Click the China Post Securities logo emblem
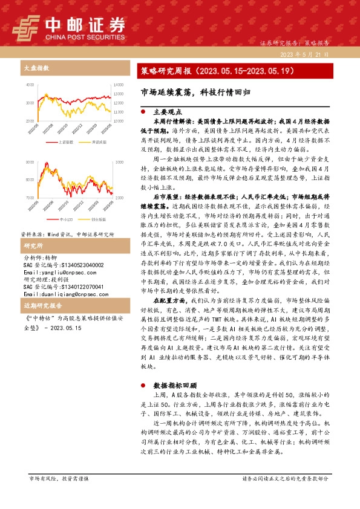(x=24, y=27)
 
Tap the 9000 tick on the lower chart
(x=30, y=180)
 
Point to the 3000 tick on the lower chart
(x=119, y=163)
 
